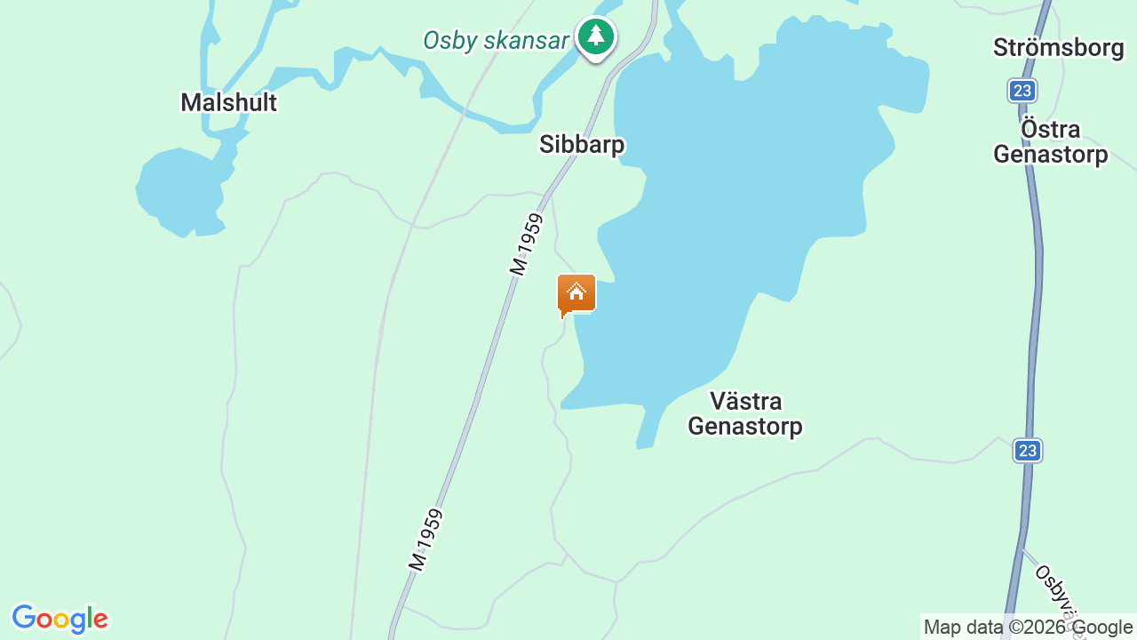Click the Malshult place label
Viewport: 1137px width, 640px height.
pyautogui.click(x=228, y=103)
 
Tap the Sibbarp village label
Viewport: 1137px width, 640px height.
pyautogui.click(x=582, y=145)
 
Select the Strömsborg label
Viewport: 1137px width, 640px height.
pyautogui.click(x=1059, y=48)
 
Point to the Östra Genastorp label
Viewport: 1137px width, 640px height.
pyautogui.click(x=1050, y=142)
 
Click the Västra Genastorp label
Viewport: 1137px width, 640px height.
pyautogui.click(x=745, y=413)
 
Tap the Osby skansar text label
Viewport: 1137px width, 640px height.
pyautogui.click(x=496, y=41)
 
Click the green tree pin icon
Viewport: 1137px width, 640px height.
pyautogui.click(x=595, y=37)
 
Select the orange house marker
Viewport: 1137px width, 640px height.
pyautogui.click(x=576, y=294)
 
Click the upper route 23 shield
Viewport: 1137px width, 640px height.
pyautogui.click(x=1022, y=91)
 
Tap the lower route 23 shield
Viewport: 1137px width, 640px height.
pyautogui.click(x=1028, y=451)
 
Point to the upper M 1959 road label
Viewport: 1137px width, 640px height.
pyautogui.click(x=525, y=244)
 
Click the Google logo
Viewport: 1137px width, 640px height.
pyautogui.click(x=60, y=619)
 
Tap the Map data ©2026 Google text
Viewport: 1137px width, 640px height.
pyautogui.click(x=1028, y=628)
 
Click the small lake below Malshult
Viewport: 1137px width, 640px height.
pyautogui.click(x=178, y=191)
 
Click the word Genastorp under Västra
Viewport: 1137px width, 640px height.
pyautogui.click(x=745, y=427)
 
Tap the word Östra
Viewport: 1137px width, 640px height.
pyautogui.click(x=1050, y=130)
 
